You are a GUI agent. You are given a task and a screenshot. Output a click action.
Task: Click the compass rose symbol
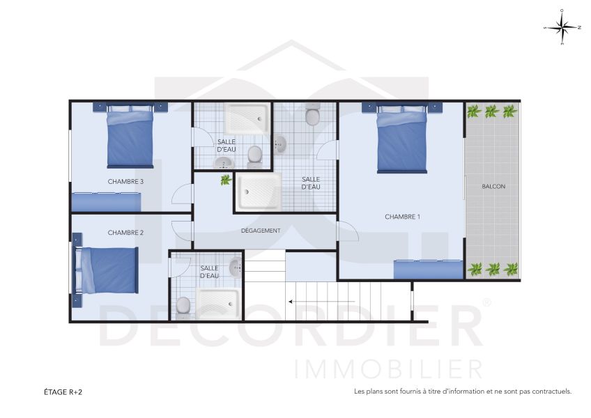(x=562, y=27)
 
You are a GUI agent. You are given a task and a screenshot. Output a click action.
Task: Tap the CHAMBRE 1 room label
(x=402, y=217)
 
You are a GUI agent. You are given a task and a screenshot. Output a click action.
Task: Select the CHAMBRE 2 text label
(x=125, y=233)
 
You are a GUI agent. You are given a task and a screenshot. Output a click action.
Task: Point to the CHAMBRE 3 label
(x=125, y=182)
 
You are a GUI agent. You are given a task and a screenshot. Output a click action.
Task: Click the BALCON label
(x=493, y=187)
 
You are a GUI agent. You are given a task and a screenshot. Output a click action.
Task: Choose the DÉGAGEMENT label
(x=261, y=231)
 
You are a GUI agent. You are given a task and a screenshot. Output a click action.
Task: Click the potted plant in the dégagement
(x=226, y=180)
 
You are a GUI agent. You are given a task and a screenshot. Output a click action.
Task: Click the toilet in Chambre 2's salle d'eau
(x=184, y=304)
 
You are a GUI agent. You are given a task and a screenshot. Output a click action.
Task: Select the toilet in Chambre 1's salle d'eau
(x=312, y=116)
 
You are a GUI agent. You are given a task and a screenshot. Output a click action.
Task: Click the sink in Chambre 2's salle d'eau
(x=236, y=266)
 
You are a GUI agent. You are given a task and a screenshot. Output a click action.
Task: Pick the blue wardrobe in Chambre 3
(x=107, y=202)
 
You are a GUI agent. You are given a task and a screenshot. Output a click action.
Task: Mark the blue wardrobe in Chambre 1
(x=429, y=269)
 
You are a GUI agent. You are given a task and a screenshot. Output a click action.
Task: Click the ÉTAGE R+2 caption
(x=63, y=392)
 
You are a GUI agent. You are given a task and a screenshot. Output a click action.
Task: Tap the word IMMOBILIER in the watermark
(x=388, y=368)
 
